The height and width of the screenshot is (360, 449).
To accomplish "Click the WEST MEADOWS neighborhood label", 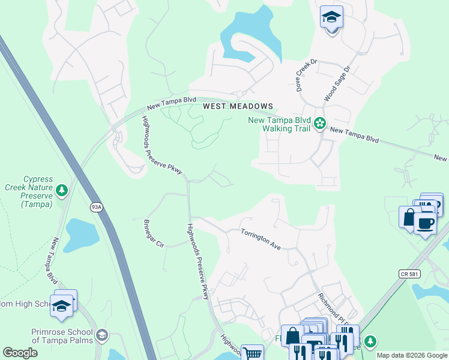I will [x=238, y=106].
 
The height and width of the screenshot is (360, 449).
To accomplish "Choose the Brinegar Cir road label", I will [x=153, y=233].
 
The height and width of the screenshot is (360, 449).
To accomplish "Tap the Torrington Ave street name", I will [x=261, y=239].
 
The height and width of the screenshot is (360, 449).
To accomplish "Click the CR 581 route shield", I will [x=409, y=274].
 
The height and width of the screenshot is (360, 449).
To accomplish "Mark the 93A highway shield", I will [x=97, y=207].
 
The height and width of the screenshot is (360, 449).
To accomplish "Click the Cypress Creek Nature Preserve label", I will [x=29, y=191].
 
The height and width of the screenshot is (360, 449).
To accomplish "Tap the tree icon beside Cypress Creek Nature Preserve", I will [x=61, y=191].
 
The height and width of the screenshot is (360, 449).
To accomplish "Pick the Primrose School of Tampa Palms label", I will [x=62, y=336].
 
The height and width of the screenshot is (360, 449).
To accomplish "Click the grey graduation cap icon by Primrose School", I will [x=101, y=334].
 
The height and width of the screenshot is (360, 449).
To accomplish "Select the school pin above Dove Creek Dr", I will [x=331, y=19].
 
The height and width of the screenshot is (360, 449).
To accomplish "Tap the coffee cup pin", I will [x=425, y=223].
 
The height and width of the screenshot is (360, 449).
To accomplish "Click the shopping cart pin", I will [x=253, y=353].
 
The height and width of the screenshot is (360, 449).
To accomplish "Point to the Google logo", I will [x=20, y=353].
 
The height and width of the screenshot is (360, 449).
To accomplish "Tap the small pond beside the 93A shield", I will [x=82, y=234].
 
